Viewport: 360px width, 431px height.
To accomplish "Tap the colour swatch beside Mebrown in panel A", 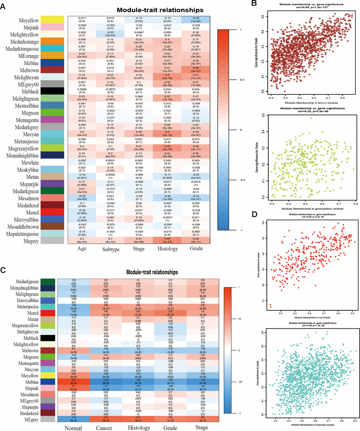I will [52, 70].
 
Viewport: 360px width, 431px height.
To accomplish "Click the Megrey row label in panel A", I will [30, 241].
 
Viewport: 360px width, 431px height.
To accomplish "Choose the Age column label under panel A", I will [82, 249].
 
